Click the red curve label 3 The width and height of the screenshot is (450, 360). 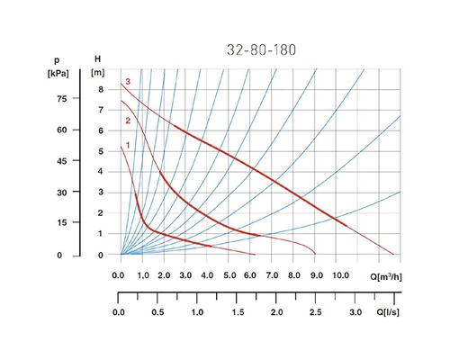129,82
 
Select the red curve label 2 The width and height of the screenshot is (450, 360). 129,121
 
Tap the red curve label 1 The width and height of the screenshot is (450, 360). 129,145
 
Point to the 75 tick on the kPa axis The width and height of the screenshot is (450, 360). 61,99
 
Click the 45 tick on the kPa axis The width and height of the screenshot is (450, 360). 61,162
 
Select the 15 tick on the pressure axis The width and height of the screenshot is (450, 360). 61,223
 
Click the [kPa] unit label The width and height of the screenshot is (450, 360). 59,71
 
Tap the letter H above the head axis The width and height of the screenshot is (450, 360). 97,59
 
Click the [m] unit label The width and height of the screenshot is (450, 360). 98,72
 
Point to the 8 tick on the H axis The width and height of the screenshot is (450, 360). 102,88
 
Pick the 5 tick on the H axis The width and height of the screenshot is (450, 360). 102,151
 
